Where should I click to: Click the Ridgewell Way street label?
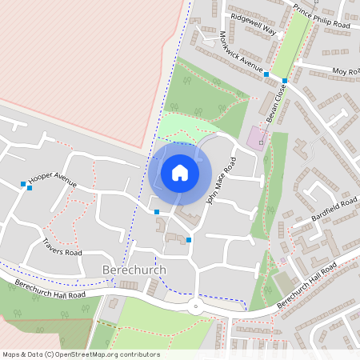click(253, 24)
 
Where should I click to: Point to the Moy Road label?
click(346, 72)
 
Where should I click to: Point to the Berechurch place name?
click(134, 270)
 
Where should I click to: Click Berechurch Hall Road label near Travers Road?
click(50, 288)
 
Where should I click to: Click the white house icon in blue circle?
click(180, 173)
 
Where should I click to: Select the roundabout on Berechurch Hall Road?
click(194, 306)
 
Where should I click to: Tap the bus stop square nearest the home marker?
click(157, 211)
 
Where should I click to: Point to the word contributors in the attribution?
click(141, 354)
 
